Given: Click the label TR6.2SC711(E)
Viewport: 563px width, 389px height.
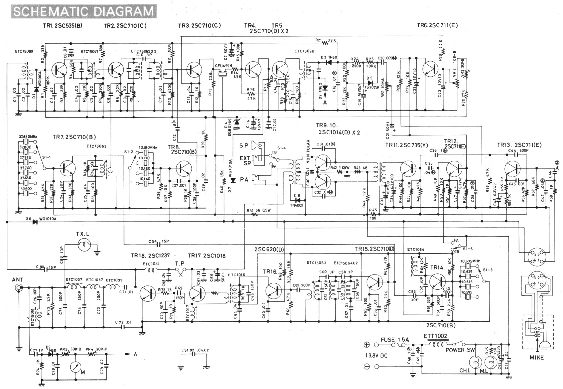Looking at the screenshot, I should [x=437, y=26].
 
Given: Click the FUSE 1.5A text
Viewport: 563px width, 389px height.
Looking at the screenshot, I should [x=395, y=340].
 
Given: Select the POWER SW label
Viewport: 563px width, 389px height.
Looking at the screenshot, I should [x=459, y=350].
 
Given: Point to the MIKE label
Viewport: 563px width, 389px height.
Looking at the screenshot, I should [x=537, y=357].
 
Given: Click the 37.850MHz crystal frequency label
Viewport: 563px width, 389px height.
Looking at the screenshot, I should [x=28, y=136].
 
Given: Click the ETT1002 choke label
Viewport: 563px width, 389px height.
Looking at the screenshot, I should [x=435, y=336].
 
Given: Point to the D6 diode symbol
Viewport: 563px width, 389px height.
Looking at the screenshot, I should [x=35, y=222].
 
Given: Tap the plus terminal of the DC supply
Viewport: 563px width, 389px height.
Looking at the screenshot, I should [x=367, y=345].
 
